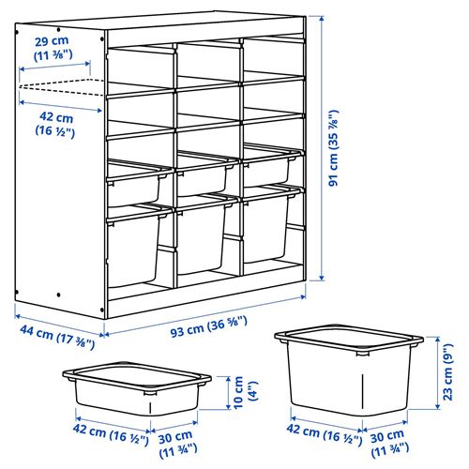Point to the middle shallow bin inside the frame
(204, 174)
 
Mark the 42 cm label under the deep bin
(318, 434)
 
